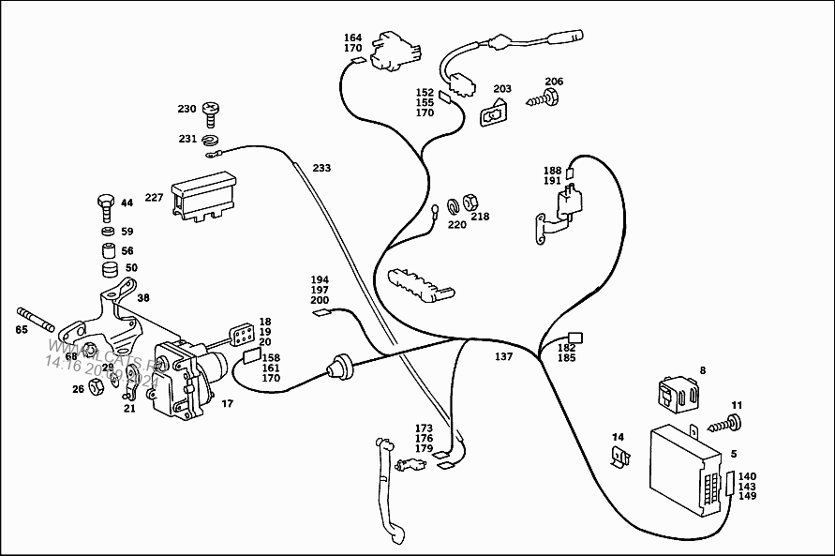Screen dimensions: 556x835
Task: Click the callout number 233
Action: click(x=321, y=168)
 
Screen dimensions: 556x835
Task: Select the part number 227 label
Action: click(x=154, y=199)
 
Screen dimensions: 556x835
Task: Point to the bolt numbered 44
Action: click(x=106, y=203)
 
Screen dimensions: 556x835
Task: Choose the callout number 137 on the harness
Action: click(x=504, y=356)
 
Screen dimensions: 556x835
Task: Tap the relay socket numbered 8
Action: click(x=679, y=394)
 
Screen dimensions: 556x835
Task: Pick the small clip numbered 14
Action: click(x=619, y=458)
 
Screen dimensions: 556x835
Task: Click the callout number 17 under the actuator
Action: click(x=228, y=404)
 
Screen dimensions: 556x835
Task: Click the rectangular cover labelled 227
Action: click(x=201, y=200)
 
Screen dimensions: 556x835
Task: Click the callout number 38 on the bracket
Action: click(x=143, y=297)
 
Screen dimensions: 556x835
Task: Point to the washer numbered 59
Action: click(x=109, y=231)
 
